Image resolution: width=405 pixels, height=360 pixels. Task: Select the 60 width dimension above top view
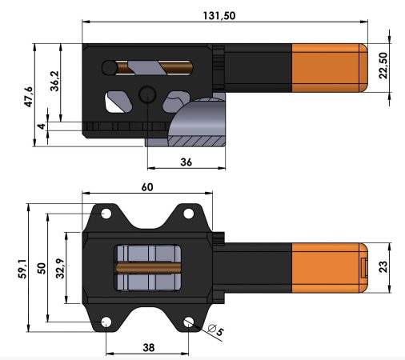point(148,186)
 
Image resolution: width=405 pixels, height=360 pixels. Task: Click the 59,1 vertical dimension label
point(21,269)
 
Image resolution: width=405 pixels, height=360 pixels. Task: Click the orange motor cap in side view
point(327,70)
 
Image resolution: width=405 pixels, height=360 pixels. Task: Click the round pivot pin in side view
point(146,95)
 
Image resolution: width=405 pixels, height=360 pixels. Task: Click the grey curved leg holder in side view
point(196,126)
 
